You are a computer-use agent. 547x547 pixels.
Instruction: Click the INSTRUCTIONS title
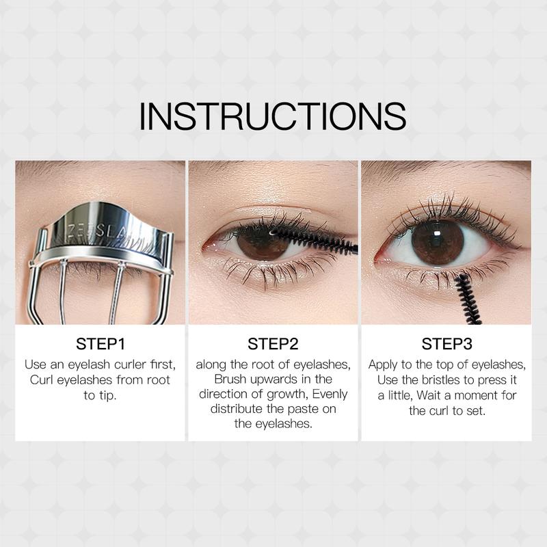pos(272,116)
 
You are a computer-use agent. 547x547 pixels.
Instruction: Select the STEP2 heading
pos(273,343)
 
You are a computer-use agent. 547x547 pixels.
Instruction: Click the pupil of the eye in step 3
pos(438,242)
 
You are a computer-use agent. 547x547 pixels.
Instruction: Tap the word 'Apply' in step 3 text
pos(384,364)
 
